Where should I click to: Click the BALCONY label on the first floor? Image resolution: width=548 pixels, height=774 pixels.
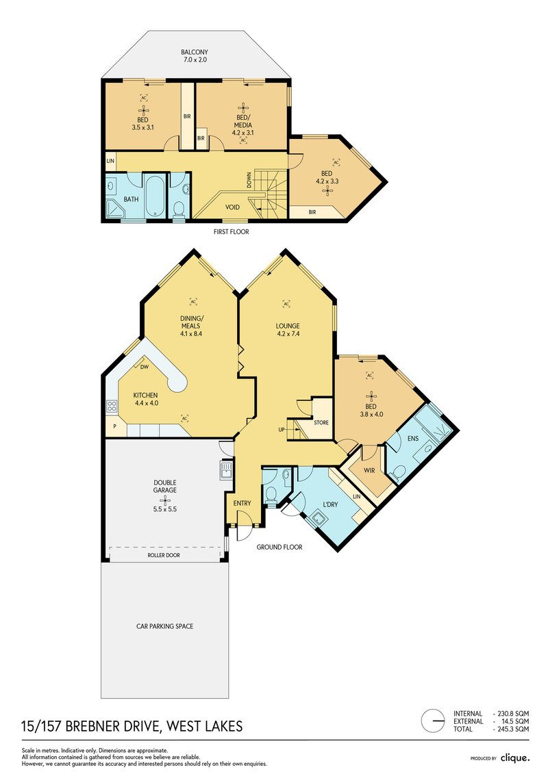click(194, 52)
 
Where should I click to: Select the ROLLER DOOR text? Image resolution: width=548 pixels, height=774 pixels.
click(164, 556)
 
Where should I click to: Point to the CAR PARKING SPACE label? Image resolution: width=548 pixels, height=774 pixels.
click(164, 625)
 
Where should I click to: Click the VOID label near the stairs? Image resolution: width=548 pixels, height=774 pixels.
click(233, 207)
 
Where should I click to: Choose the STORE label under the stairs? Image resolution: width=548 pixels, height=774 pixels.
click(321, 423)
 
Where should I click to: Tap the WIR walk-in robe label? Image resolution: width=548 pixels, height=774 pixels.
click(369, 471)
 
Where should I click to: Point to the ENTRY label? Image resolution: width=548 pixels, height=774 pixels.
click(242, 504)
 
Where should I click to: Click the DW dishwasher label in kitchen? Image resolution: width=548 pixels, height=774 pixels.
click(145, 367)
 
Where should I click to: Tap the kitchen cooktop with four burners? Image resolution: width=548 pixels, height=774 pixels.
click(112, 407)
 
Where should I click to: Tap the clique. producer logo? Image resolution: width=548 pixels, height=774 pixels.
click(514, 758)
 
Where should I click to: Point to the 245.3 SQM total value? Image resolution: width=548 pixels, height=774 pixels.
click(512, 730)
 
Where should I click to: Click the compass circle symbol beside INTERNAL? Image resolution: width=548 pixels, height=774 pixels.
click(433, 721)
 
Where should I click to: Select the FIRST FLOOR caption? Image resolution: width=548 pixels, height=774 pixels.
click(232, 232)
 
